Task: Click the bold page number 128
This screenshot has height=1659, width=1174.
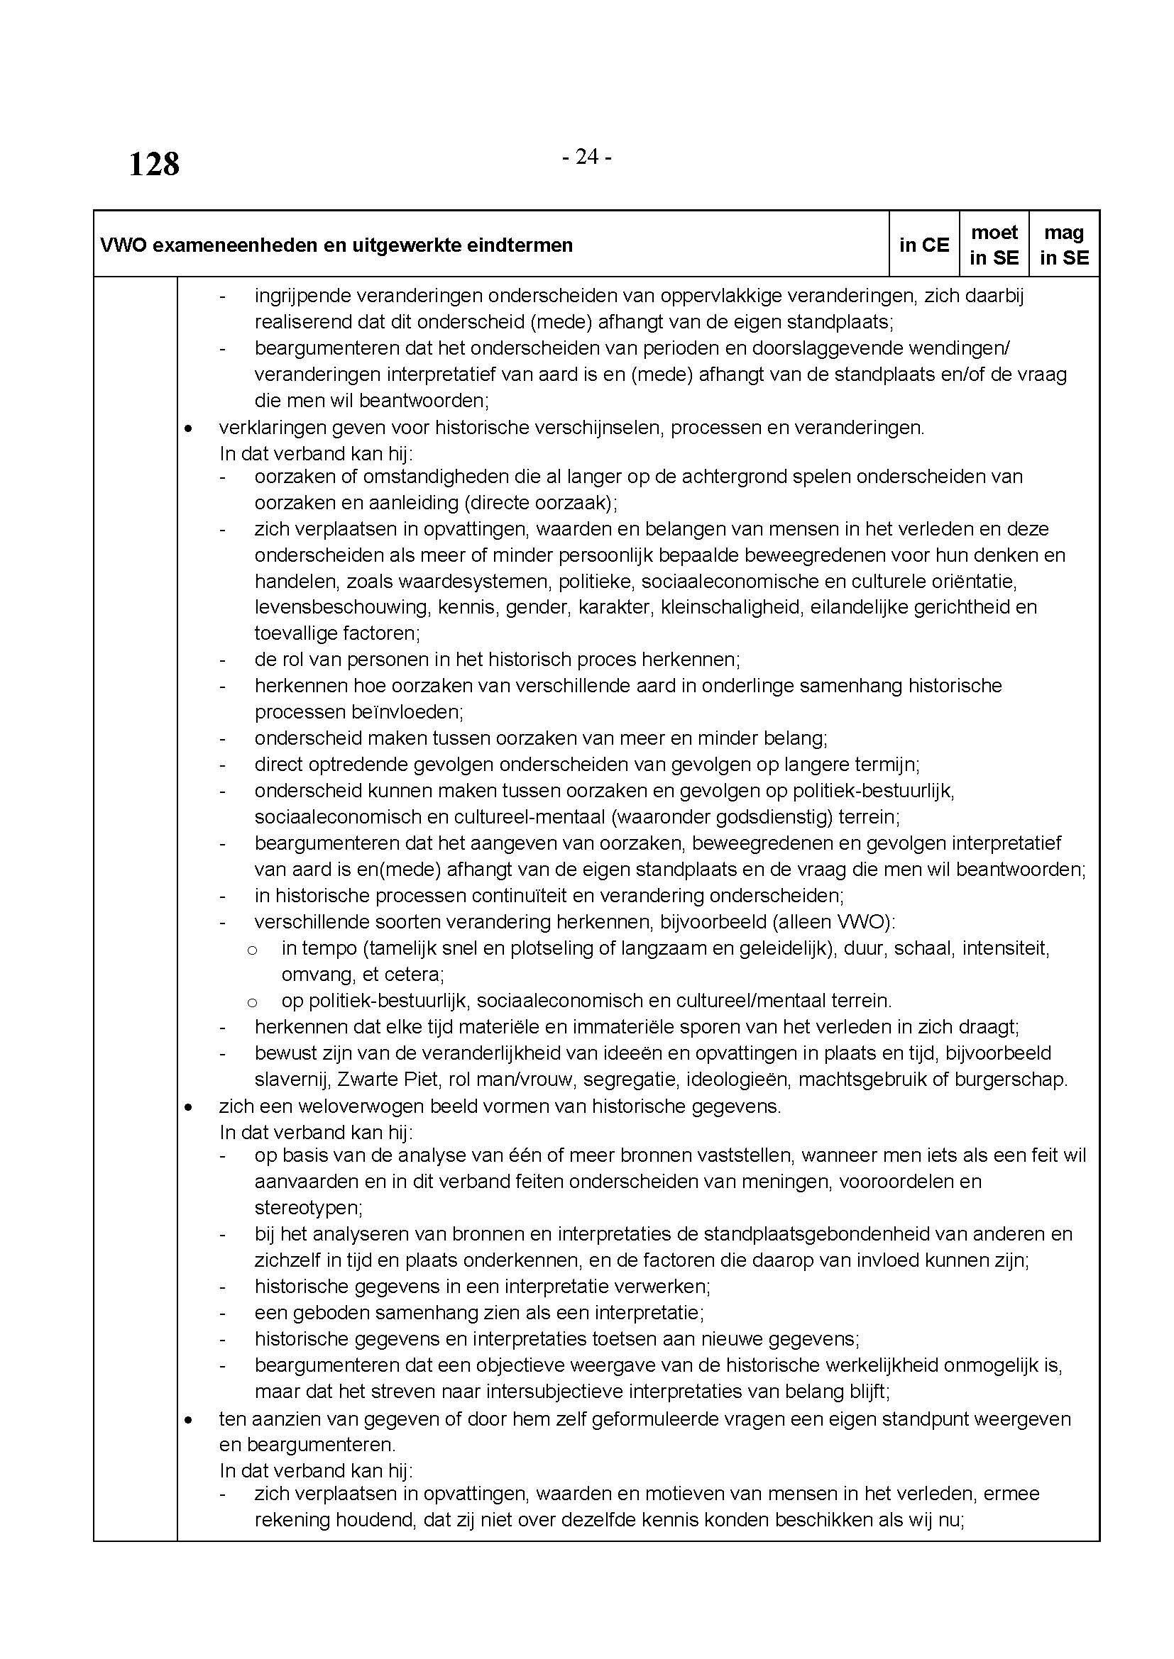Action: pos(154,164)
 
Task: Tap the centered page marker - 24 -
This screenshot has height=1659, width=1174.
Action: pos(586,157)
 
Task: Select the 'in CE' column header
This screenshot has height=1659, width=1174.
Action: pos(924,245)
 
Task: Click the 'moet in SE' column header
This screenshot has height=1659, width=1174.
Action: pos(994,245)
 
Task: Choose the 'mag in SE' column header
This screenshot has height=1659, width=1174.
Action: pos(1064,245)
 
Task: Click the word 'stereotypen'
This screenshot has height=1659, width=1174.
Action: pos(307,1207)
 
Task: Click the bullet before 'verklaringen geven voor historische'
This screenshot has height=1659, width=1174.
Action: pos(189,428)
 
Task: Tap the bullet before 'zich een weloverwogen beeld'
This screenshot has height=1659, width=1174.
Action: pos(189,1106)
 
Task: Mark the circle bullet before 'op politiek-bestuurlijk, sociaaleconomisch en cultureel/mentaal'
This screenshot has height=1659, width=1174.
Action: pos(252,1001)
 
